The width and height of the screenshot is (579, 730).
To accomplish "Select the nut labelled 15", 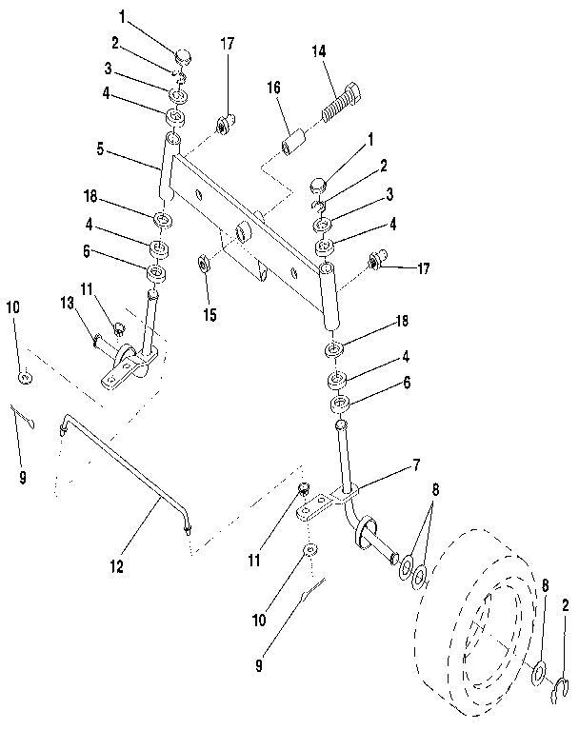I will (x=205, y=262).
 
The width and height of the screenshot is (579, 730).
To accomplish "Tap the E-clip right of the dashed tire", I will (x=561, y=697).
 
